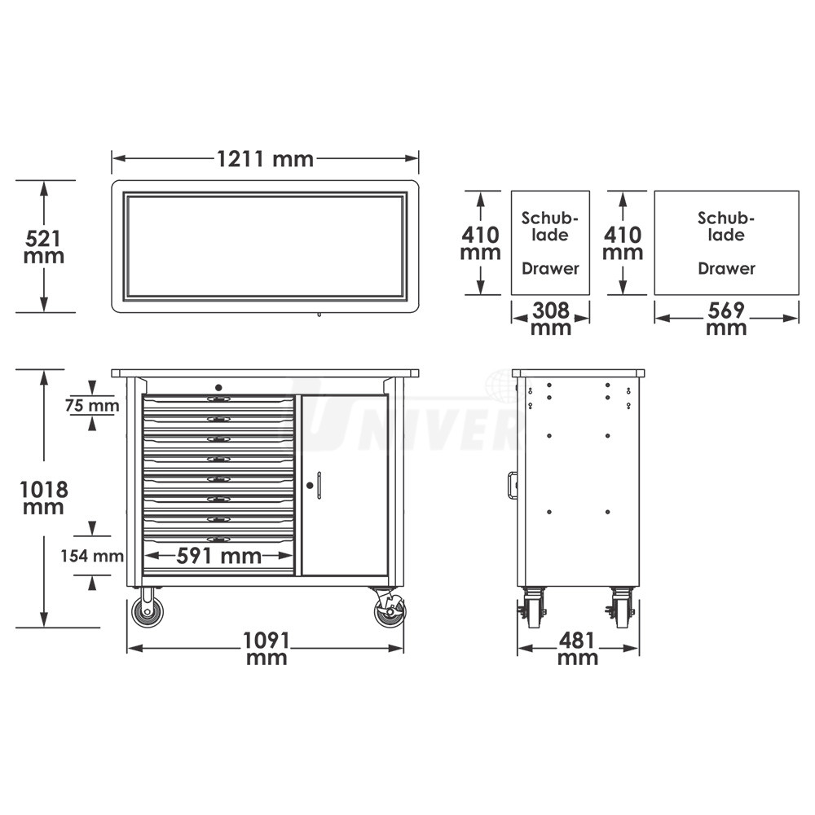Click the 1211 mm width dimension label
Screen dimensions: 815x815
click(x=265, y=159)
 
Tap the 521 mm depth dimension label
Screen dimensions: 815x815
click(x=44, y=247)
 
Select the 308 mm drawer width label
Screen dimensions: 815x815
click(x=550, y=319)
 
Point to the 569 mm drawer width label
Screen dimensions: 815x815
click(x=726, y=319)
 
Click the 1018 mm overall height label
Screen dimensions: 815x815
click(x=44, y=497)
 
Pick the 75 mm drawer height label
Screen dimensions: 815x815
click(x=92, y=405)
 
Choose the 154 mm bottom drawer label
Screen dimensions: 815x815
click(x=92, y=556)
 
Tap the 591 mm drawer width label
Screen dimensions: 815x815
click(x=218, y=556)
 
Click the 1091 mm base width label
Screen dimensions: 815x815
click(x=267, y=648)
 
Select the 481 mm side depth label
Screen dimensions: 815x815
click(x=578, y=648)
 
